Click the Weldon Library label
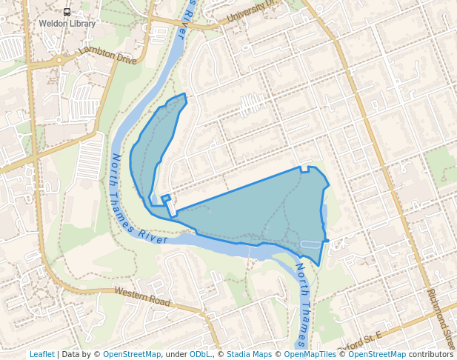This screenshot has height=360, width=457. pos(67,24)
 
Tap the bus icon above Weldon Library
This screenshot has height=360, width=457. pos(67,12)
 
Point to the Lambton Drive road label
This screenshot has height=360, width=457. pos(107,55)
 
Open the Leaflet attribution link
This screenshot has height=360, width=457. pos(41,355)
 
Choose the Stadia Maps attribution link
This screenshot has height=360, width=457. pos(249,355)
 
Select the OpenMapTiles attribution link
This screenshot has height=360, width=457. pos(310,355)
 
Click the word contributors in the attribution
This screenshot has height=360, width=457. pos(430,355)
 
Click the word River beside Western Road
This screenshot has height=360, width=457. pos(153,236)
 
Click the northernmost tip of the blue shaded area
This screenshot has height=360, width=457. pos(184,94)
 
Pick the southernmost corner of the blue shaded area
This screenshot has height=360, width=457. pos(318,265)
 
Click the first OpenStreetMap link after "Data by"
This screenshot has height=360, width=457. pos(131,355)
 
